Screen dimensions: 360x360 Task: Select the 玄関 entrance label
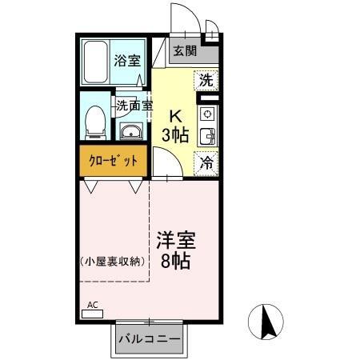(185, 52)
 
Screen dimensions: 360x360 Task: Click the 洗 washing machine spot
(206, 79)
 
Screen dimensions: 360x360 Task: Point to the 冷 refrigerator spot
(206, 164)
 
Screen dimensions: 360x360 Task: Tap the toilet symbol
(94, 120)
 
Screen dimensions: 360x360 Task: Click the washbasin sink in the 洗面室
(130, 131)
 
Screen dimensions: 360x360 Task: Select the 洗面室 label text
(134, 105)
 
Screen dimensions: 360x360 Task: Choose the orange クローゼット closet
(113, 160)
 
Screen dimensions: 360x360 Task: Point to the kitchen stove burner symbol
(207, 113)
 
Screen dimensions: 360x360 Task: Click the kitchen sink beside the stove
(207, 136)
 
